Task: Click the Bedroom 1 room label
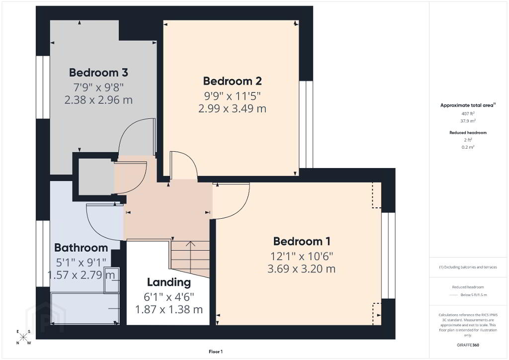pos(302,241)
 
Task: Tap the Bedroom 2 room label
pos(233,81)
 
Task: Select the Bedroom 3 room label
pos(98,73)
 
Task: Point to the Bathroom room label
pos(81,248)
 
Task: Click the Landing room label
pos(169,282)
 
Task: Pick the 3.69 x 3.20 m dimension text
pos(302,269)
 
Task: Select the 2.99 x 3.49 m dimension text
pos(233,108)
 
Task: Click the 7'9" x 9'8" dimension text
pos(98,87)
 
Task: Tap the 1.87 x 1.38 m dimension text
pos(169,309)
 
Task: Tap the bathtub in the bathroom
pos(85,308)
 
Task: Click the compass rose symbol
pos(23,337)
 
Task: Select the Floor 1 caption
pos(216,352)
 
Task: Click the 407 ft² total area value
pos(468,113)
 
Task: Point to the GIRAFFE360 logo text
pos(468,345)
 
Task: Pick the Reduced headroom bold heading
pos(468,132)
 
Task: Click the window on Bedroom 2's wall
pos(306,124)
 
